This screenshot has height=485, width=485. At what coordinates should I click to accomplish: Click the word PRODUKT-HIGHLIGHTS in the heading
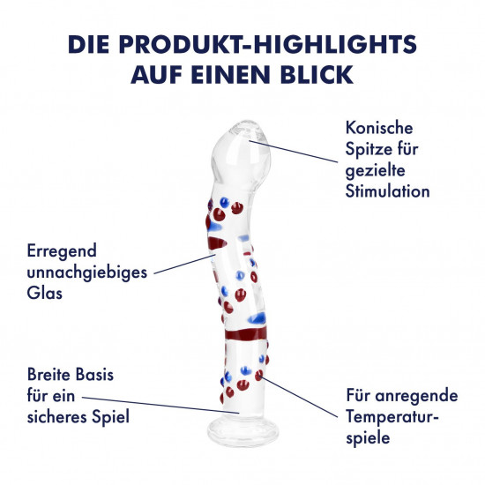(268, 44)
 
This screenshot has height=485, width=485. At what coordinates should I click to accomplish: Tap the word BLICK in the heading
(317, 75)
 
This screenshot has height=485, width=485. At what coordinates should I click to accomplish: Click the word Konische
(379, 128)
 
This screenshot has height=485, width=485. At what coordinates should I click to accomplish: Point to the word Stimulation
(387, 191)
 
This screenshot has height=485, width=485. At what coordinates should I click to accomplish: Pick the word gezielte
(375, 171)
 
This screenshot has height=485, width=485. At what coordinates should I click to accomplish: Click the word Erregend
(62, 251)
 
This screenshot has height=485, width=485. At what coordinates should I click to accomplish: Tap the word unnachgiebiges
(87, 273)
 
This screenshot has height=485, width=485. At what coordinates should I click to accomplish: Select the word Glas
(45, 293)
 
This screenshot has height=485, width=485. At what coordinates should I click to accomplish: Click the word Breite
(48, 374)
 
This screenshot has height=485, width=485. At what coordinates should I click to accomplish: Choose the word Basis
(94, 374)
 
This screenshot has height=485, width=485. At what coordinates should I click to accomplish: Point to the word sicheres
(56, 416)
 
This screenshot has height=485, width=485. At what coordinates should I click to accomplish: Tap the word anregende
(416, 396)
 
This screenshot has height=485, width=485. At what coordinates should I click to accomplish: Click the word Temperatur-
(392, 417)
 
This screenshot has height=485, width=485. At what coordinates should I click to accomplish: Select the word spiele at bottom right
(368, 438)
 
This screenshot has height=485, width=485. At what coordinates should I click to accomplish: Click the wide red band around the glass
(246, 333)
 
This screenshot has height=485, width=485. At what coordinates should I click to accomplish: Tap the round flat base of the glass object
(242, 430)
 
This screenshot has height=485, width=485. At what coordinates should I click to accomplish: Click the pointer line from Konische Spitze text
(294, 152)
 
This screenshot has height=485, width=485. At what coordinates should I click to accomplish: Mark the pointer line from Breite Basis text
(160, 406)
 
